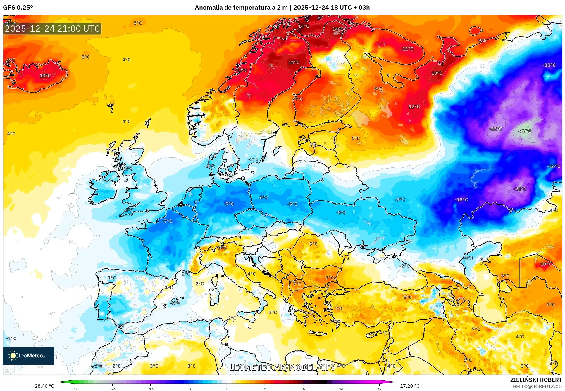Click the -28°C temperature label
525,131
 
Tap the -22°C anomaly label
495,128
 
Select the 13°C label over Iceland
45,76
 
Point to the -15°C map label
461,200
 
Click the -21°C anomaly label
520,189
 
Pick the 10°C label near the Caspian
546,264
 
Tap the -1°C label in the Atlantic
11,338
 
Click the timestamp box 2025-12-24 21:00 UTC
52,29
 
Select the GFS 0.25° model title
18,7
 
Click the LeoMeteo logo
29,356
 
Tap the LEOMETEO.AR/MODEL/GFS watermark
282,367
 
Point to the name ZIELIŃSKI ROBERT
536,380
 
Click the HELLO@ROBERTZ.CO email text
537,387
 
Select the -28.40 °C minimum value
43,386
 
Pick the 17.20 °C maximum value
409,386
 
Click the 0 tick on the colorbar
227,389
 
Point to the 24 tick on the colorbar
341,389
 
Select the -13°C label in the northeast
549,65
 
